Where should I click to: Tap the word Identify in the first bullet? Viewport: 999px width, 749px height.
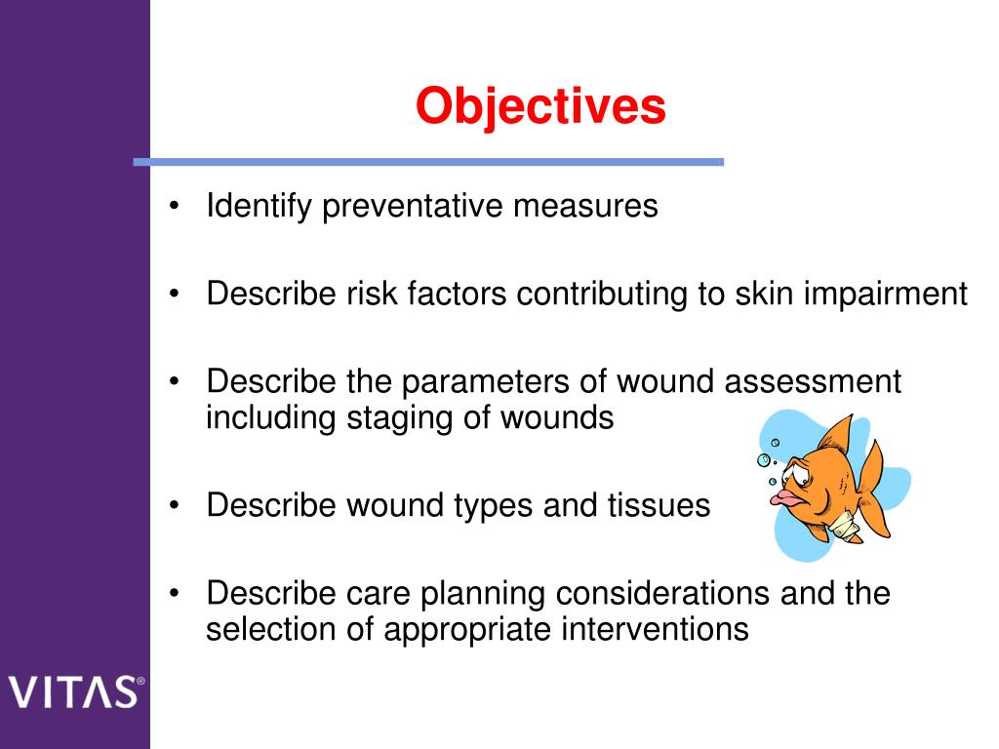tap(258, 207)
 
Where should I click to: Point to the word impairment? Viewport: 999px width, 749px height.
tap(885, 294)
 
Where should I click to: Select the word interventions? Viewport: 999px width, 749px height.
tap(655, 629)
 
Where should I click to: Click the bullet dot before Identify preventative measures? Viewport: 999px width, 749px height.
tap(174, 208)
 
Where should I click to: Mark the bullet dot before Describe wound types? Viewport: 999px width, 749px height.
tap(174, 506)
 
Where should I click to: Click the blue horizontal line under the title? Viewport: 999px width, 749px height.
tap(428, 162)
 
